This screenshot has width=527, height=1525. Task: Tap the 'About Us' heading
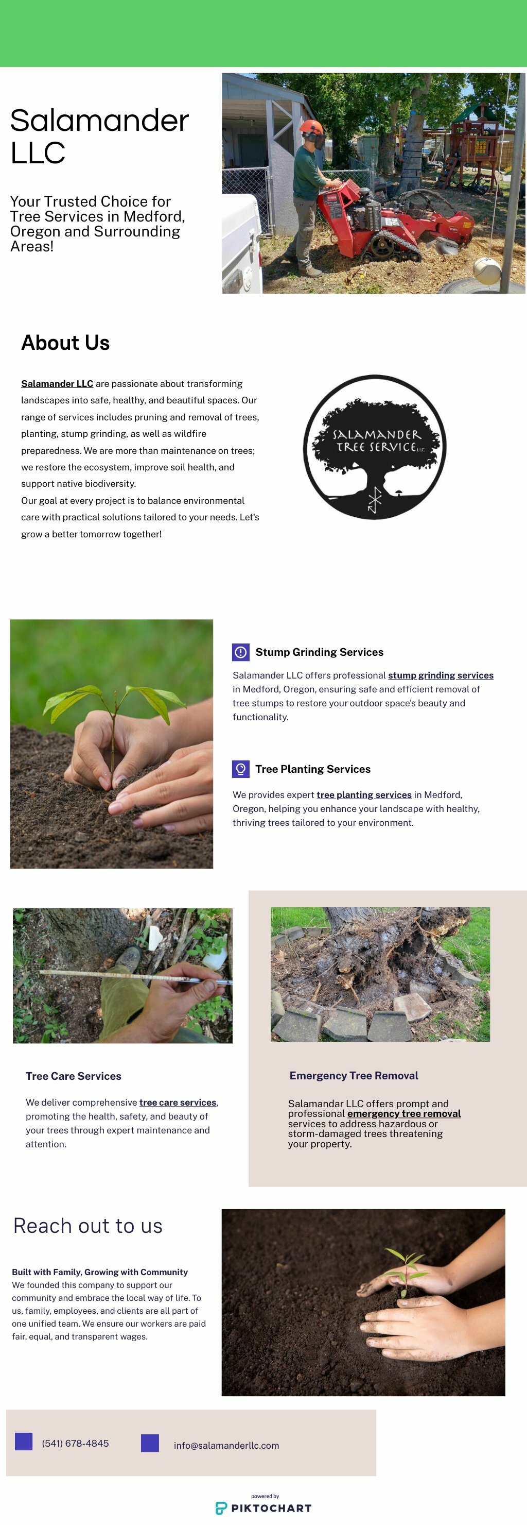(66, 343)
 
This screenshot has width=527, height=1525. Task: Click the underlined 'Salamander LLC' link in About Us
(57, 384)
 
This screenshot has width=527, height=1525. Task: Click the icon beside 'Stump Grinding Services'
(241, 652)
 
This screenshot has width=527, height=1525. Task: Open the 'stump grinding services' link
(441, 675)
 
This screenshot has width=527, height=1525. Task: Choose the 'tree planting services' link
(364, 795)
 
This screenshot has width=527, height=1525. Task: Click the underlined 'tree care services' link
(178, 1103)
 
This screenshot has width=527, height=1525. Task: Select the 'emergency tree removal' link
(404, 1113)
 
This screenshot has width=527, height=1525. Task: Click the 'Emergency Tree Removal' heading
(354, 1076)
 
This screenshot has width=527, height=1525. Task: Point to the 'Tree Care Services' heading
(74, 1076)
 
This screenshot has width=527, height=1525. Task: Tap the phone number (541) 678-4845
(75, 1443)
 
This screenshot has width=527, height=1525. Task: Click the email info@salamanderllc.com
(226, 1445)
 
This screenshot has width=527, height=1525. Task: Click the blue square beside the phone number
(24, 1441)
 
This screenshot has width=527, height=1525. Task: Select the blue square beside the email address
(150, 1443)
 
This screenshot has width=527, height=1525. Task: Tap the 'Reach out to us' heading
(87, 1226)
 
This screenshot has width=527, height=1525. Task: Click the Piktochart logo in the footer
(263, 1508)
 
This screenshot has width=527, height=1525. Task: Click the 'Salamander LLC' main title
(99, 136)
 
